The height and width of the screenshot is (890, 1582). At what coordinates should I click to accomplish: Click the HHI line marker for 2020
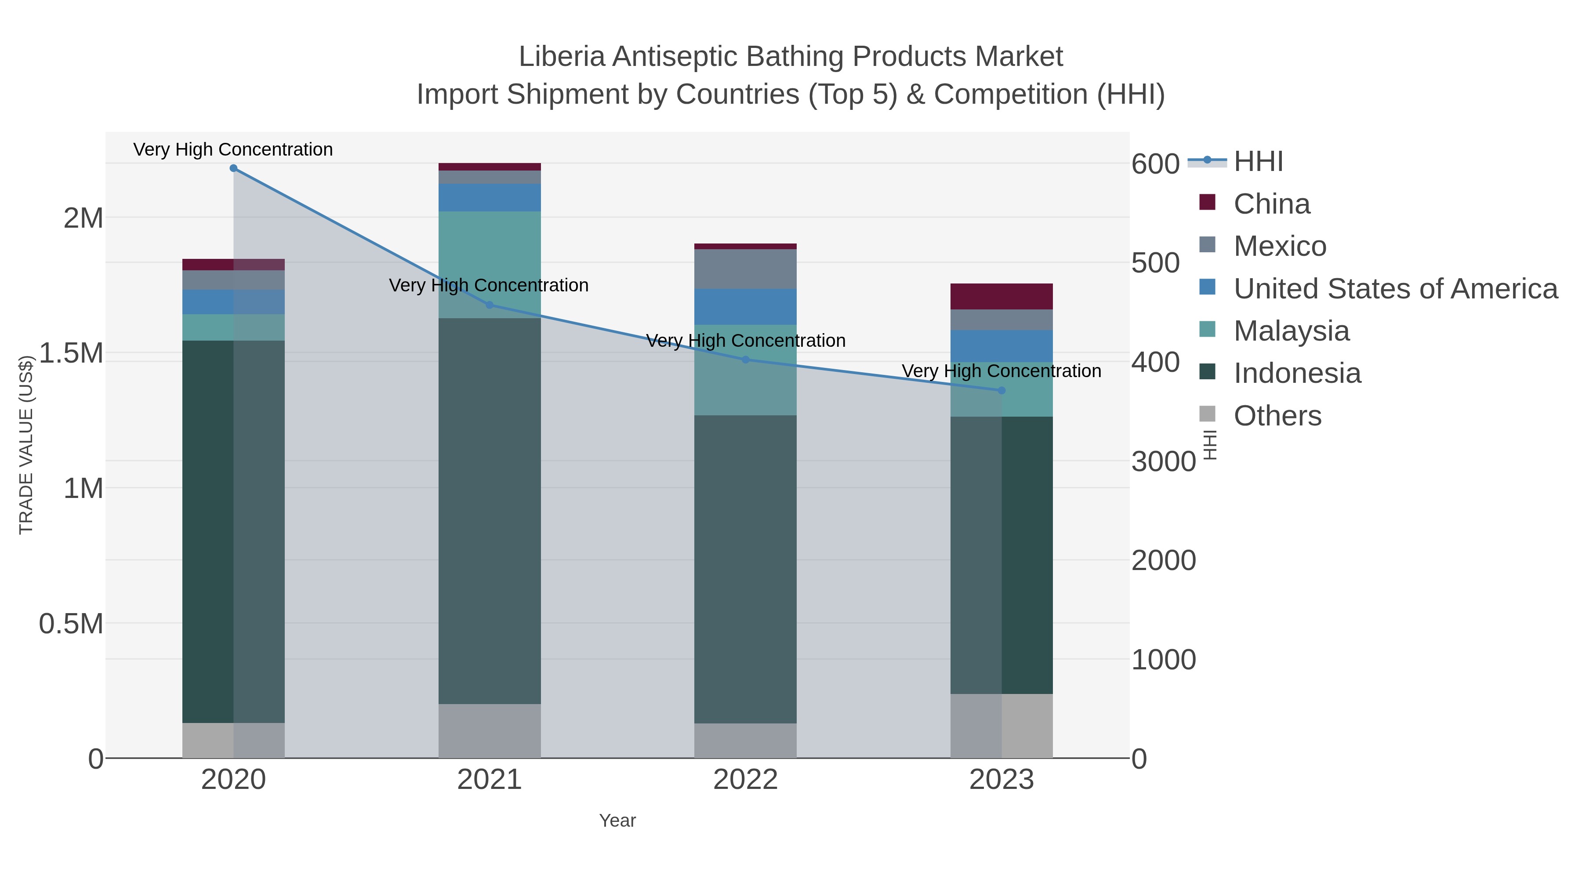[x=233, y=168]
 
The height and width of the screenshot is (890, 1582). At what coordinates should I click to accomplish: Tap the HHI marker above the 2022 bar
[x=746, y=360]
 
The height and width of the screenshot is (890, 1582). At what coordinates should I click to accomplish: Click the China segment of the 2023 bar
[x=1001, y=297]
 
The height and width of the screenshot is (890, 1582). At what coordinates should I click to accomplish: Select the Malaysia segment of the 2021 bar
[x=490, y=258]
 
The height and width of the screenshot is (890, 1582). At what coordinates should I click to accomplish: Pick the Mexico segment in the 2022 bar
[x=746, y=269]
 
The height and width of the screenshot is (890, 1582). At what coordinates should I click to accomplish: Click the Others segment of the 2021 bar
[x=490, y=731]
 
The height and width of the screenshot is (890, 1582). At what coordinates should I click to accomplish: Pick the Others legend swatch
[x=1208, y=414]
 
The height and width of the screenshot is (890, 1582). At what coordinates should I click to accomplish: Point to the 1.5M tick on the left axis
[x=71, y=354]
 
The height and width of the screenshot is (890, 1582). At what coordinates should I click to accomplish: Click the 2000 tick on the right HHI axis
[x=1163, y=561]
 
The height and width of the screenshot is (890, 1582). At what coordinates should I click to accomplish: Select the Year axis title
[x=617, y=821]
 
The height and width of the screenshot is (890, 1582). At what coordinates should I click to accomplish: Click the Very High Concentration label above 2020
[x=233, y=150]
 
